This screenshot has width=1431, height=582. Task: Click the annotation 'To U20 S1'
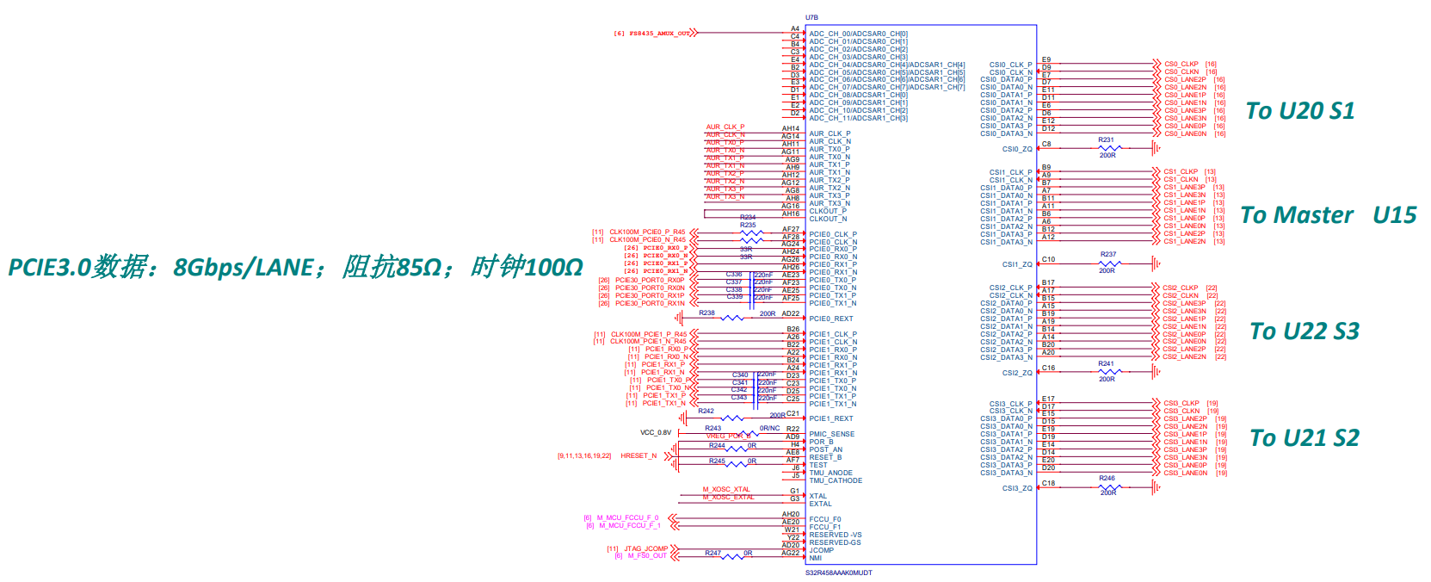coord(1299,111)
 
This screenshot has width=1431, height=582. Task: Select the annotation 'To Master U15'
coord(1328,215)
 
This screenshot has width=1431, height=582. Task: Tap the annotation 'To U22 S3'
coord(1304,331)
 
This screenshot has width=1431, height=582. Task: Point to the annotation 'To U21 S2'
coord(1304,438)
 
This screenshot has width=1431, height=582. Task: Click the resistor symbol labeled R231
coord(1107,148)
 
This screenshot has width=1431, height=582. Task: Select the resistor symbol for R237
coord(1107,263)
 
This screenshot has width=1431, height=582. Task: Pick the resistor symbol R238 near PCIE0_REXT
coord(731,319)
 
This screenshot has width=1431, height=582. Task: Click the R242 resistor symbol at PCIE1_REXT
coord(731,418)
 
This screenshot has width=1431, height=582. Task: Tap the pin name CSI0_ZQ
coord(1016,149)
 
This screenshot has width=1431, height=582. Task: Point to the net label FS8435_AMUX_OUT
coord(659,34)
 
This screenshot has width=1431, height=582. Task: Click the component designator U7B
coord(811,17)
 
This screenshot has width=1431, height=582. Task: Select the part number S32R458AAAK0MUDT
coord(838,573)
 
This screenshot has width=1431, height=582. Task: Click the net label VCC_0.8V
coord(656,433)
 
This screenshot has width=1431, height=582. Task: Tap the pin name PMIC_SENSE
coord(831,434)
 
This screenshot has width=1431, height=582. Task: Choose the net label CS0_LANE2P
coord(1185,79)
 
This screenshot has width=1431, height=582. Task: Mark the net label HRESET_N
coord(638,455)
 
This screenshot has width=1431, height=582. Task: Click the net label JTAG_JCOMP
coord(645,548)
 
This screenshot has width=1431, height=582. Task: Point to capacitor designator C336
coord(733,275)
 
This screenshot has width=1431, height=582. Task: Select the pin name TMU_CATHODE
coord(835,480)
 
